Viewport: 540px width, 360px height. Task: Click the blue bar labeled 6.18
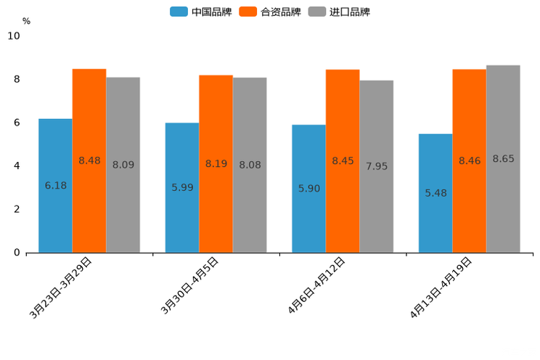(55, 185)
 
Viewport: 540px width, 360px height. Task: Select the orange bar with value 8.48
(89, 160)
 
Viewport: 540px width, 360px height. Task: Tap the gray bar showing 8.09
(123, 165)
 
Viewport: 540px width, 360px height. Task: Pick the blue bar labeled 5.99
(182, 187)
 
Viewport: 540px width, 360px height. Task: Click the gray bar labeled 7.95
(377, 166)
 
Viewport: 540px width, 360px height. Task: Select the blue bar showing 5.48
(435, 193)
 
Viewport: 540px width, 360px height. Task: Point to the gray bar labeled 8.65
(503, 158)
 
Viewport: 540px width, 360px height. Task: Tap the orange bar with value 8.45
(343, 160)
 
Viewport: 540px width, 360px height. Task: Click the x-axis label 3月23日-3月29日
(61, 287)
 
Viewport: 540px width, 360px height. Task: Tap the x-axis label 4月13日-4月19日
(441, 287)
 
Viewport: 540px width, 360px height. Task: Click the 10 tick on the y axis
(14, 36)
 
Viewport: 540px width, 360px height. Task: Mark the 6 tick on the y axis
(17, 123)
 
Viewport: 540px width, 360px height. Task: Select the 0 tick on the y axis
(17, 253)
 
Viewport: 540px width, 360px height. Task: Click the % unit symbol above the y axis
(26, 21)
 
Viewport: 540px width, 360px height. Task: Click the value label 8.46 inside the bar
(470, 160)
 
